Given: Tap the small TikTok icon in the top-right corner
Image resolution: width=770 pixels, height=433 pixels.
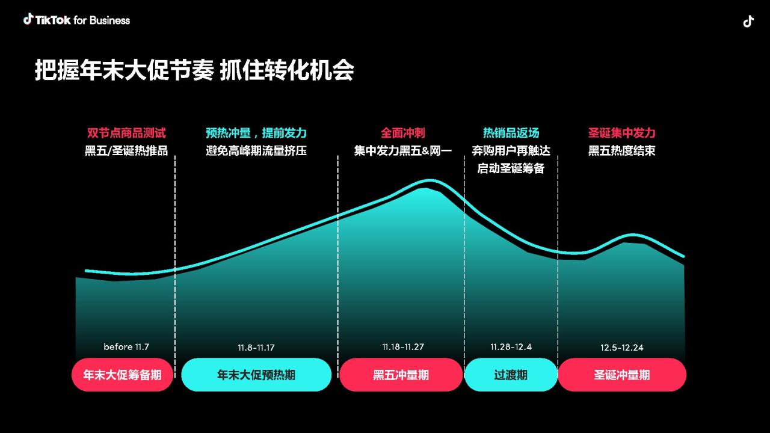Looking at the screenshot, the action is point(748,21).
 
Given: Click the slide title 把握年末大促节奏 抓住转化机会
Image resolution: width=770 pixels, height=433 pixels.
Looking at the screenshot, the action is point(194,70).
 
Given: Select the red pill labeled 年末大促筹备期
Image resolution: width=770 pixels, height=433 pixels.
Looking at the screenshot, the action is point(122,375).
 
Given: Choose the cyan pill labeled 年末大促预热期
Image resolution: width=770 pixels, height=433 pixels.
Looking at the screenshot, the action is point(256,375).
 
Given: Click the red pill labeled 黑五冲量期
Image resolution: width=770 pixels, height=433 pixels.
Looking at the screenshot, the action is point(401,375).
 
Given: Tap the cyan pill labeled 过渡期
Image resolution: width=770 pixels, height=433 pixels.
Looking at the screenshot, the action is point(511,375).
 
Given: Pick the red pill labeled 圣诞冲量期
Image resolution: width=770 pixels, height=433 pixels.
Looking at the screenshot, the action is point(622,375).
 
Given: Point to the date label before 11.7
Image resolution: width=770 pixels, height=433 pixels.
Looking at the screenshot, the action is point(126,347).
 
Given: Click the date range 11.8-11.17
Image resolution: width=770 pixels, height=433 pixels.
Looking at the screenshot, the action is point(256,348).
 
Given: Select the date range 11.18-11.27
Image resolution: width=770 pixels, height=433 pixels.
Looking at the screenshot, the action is point(403,347).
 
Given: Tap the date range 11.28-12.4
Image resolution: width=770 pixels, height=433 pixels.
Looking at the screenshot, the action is point(511,347).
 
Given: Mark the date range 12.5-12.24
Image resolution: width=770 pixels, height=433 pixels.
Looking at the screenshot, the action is point(622,348).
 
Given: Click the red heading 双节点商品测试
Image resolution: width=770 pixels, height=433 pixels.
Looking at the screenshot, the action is point(126,133).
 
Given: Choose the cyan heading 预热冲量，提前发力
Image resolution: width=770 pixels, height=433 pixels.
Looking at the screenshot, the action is point(256,133).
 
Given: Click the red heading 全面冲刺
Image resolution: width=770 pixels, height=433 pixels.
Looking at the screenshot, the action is point(403,133).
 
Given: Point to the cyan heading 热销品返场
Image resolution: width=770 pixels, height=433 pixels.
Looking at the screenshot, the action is point(511,133).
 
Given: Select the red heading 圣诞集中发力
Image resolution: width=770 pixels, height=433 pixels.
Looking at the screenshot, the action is point(622,133).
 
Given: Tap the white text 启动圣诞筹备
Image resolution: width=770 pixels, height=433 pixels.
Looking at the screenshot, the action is point(511,168).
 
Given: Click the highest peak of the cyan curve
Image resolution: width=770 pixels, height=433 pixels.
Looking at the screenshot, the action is point(430,180).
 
